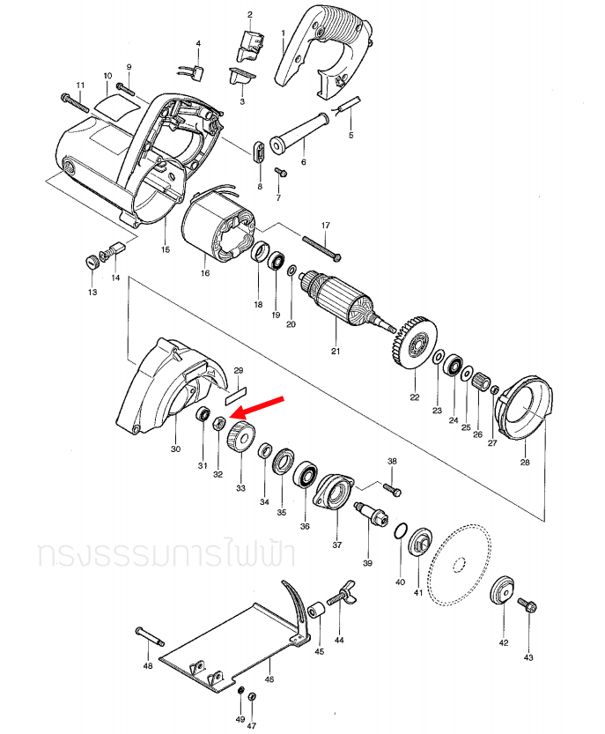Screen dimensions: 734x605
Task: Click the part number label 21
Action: [335, 352]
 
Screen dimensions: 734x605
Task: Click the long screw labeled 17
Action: [322, 246]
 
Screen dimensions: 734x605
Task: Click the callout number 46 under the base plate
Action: [269, 679]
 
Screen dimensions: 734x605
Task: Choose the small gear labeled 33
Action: [240, 437]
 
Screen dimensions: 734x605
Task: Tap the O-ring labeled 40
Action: [401, 530]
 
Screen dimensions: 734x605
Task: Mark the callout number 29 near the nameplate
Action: [238, 371]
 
